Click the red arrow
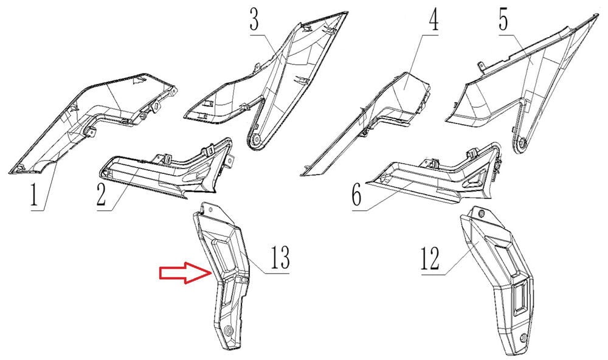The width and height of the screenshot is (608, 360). [x=185, y=272]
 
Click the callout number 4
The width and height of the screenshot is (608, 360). [x=434, y=20]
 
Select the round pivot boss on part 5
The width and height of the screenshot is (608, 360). [x=521, y=144]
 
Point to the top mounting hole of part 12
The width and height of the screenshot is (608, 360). [x=482, y=213]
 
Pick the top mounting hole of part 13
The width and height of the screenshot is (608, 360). [x=210, y=209]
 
